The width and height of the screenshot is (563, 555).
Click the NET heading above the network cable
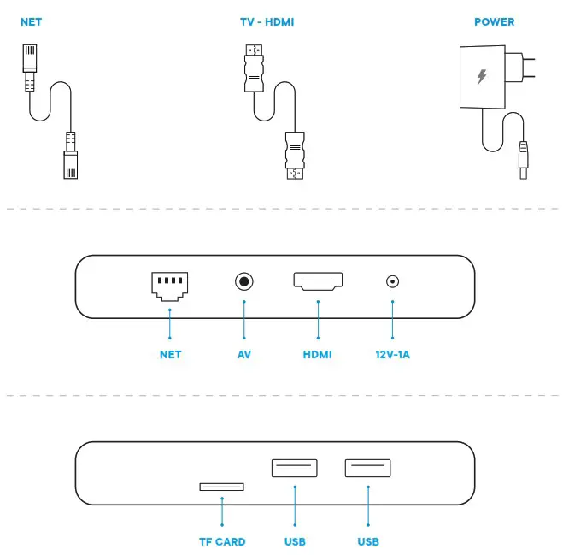click(x=31, y=21)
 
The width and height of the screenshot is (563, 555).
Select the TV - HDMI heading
click(x=267, y=21)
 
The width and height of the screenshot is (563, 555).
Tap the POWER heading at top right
click(x=495, y=21)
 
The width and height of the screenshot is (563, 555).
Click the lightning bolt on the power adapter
click(x=481, y=77)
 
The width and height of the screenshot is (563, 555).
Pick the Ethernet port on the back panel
click(x=170, y=284)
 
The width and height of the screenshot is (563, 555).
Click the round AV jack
click(x=245, y=280)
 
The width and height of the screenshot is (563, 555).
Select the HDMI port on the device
click(x=318, y=281)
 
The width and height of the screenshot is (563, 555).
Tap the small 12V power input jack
click(x=393, y=280)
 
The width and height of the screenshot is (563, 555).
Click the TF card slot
click(x=221, y=487)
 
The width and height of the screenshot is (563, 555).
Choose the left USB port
click(x=294, y=468)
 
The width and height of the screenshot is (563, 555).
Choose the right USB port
click(x=368, y=468)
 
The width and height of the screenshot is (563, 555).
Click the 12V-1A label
click(x=393, y=354)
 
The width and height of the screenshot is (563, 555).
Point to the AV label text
click(x=244, y=354)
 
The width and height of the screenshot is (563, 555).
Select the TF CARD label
click(x=222, y=541)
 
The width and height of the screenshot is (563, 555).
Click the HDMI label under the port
click(x=317, y=354)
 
